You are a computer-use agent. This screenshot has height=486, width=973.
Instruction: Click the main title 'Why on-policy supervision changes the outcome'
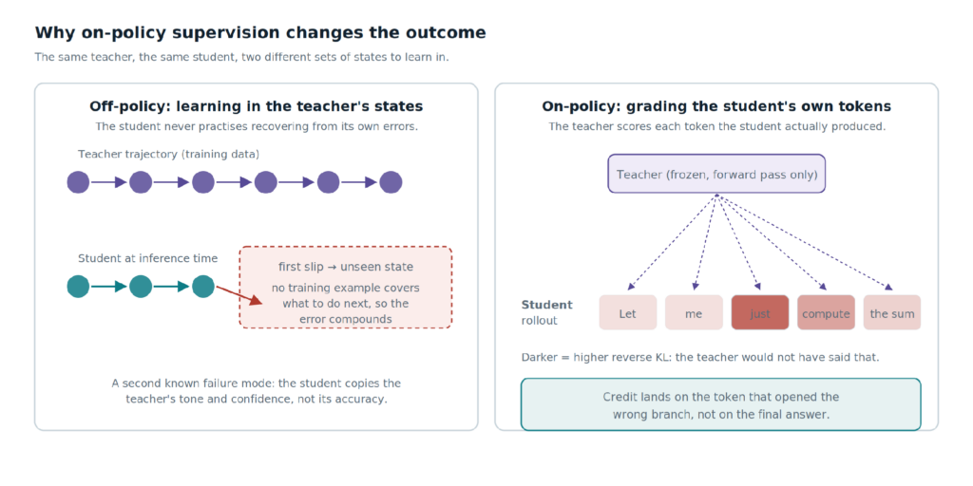pos(260,33)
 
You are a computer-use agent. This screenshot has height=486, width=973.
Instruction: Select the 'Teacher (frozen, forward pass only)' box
pos(716,174)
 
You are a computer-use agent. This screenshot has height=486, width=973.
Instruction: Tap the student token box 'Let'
pos(628,312)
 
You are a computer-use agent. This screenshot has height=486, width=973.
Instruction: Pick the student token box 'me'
pos(694,312)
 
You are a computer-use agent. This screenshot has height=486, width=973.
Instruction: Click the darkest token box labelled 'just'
pos(760,312)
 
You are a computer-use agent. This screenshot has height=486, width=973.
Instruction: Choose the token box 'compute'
pos(826,312)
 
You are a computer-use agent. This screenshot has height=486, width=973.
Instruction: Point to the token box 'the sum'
pos(892,312)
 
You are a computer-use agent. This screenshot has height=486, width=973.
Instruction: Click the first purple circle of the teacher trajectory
pos(78,182)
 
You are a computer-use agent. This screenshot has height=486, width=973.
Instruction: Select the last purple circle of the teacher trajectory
pos(391,182)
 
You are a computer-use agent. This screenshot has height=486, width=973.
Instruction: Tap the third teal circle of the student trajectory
pos(203,287)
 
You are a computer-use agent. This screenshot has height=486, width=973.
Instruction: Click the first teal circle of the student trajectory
pos(78,287)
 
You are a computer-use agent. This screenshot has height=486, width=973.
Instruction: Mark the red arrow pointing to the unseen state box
pos(238,294)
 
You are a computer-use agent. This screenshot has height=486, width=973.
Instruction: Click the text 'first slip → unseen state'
pos(346,267)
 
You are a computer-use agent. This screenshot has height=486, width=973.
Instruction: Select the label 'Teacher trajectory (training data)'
pos(169,154)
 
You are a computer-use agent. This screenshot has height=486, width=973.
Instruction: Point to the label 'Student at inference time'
pos(147,258)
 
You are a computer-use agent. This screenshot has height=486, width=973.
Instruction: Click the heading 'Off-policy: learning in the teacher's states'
pos(257,106)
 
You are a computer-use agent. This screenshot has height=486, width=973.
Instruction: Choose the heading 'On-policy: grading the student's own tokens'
pos(716,106)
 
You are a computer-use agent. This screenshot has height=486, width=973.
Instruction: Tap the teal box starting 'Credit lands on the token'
pos(721,404)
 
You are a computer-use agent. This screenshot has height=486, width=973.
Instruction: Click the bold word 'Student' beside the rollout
pos(546,305)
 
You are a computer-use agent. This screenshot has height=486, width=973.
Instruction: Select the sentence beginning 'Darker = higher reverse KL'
pos(700,358)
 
